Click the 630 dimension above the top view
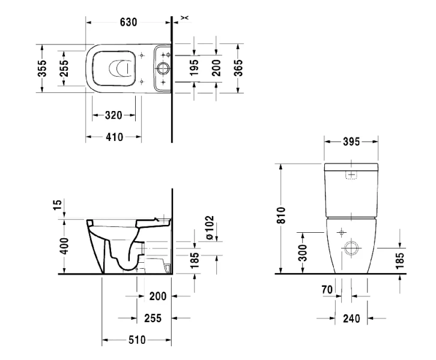128,22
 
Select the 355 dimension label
42,68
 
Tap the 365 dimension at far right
238,68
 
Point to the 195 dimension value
194,68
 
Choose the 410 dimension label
113,137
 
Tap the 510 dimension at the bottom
137,340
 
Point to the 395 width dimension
351,142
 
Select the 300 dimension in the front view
303,253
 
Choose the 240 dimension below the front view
351,319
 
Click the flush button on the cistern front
351,175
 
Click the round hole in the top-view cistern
163,68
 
